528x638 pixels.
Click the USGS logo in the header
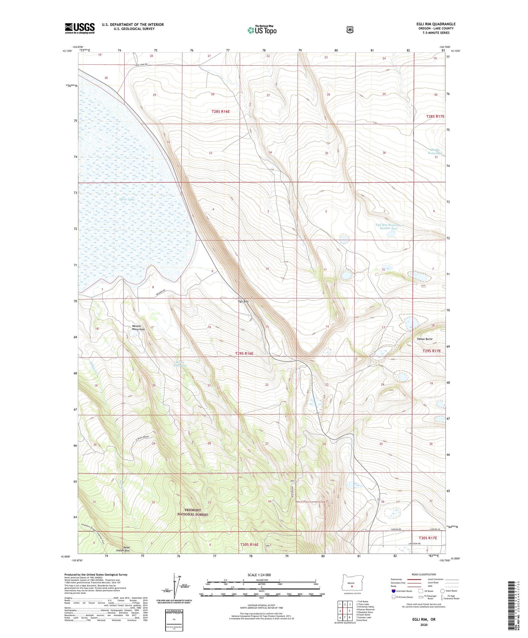point(80,28)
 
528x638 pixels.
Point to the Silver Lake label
point(127,200)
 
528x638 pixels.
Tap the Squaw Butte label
point(425,339)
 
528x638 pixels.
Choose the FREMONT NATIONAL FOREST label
point(193,512)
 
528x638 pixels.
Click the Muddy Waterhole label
point(435,151)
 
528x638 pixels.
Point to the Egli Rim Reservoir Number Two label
point(388,227)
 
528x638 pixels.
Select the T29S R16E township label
point(242,354)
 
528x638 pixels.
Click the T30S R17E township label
point(428,538)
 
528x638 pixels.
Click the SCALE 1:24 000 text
point(259,575)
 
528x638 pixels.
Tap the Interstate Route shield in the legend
point(393,591)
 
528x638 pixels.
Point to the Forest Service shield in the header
point(350,30)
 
